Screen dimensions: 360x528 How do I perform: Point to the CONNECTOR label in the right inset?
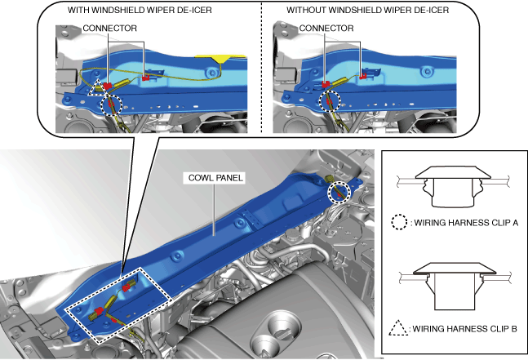click(x=326, y=27)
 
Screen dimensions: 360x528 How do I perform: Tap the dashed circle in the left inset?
click(x=112, y=104)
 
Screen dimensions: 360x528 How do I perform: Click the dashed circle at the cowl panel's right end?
click(x=338, y=193)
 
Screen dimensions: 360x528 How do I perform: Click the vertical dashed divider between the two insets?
click(x=260, y=65)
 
